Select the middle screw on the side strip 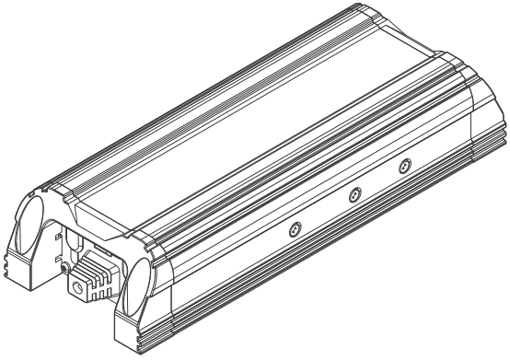point(353,194)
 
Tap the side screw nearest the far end point(402,167)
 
